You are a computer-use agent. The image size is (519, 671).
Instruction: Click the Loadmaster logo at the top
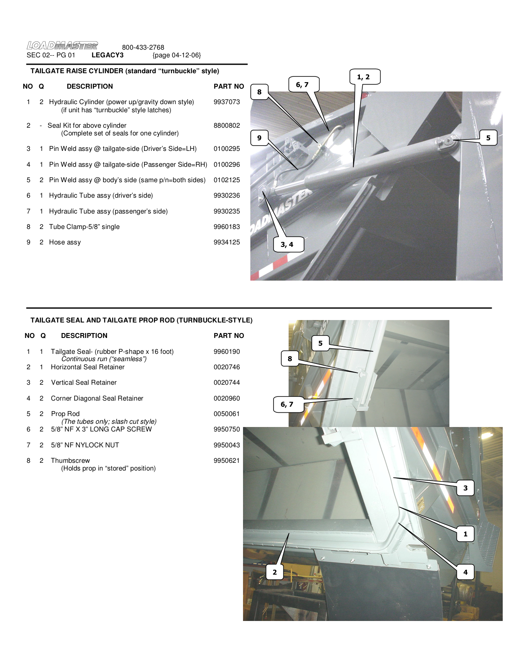tap(62, 45)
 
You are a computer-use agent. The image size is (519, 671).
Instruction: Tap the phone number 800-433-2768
tap(143, 47)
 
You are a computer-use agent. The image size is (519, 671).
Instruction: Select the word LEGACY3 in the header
tap(107, 55)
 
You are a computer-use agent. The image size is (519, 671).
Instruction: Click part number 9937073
tap(227, 102)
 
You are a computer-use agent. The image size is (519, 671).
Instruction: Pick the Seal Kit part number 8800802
tap(227, 125)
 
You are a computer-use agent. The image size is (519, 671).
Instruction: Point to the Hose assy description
tap(65, 242)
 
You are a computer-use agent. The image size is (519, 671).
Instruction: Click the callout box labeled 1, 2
tap(364, 76)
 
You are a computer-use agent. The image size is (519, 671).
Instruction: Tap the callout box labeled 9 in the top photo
tap(259, 137)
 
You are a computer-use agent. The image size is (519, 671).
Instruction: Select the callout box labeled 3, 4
tap(287, 244)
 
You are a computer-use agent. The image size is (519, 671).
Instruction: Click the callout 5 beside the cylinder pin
tap(488, 137)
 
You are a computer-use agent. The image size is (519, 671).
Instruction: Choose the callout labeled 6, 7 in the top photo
tap(303, 85)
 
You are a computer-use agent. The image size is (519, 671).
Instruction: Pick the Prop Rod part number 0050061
tap(227, 414)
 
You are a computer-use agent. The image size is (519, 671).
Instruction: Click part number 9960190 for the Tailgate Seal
tap(227, 351)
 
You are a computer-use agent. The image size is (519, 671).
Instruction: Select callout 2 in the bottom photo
tap(275, 572)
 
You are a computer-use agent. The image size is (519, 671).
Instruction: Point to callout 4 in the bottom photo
tap(465, 572)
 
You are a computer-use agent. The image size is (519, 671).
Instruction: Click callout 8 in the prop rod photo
tap(290, 358)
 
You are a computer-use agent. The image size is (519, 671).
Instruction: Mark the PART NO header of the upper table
tap(229, 86)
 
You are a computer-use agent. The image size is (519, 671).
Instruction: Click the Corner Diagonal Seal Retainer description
tap(97, 398)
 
